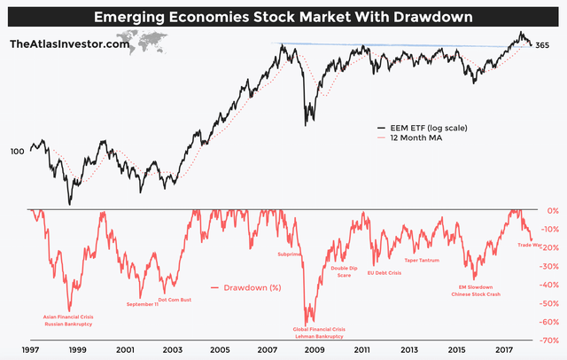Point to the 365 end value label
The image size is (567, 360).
tap(544, 44)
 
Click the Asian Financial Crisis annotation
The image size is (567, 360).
tap(69, 316)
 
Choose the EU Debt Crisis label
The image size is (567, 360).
tap(384, 273)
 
